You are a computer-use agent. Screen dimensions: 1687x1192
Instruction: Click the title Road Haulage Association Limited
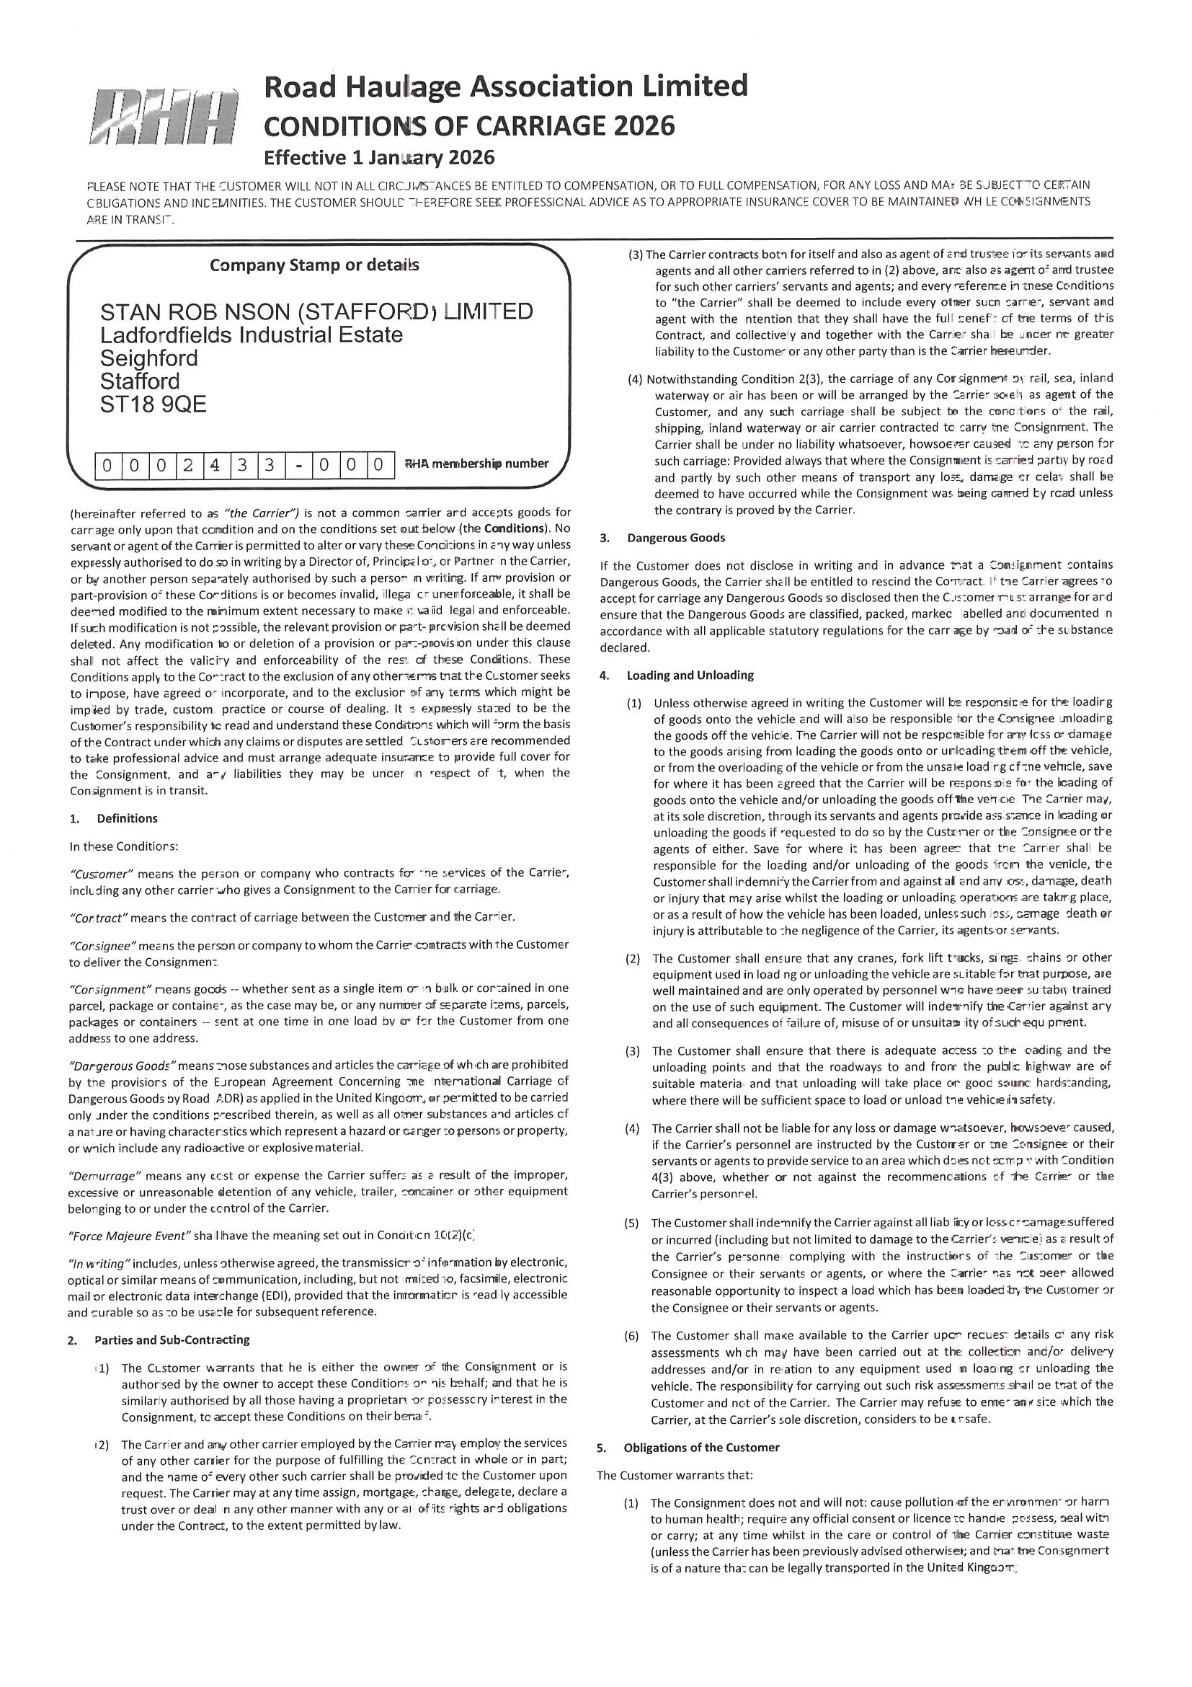pyautogui.click(x=505, y=87)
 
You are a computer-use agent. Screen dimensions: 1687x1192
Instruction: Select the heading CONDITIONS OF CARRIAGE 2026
pyautogui.click(x=468, y=126)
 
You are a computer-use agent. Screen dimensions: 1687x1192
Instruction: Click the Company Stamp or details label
pyautogui.click(x=314, y=265)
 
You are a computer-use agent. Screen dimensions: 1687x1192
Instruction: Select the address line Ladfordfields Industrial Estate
pyautogui.click(x=252, y=335)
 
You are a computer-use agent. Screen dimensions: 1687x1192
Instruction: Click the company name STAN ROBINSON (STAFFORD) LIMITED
pyautogui.click(x=316, y=311)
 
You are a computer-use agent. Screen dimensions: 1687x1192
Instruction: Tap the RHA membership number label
pyautogui.click(x=476, y=464)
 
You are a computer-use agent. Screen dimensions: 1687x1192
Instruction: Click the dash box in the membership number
pyautogui.click(x=298, y=465)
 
